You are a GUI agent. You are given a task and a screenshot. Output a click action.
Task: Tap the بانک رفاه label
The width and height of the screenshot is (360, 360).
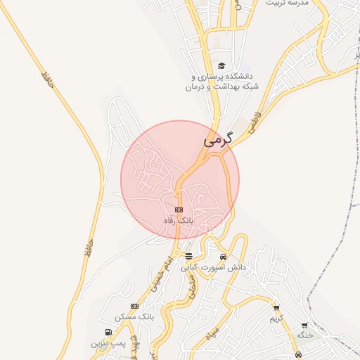178,221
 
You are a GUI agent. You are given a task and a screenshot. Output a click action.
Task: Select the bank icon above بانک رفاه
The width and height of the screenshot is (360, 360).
179,210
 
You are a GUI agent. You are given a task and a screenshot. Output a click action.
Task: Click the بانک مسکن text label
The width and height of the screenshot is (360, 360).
136,317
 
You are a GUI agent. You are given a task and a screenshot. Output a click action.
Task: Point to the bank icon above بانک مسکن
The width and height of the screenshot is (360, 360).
134,306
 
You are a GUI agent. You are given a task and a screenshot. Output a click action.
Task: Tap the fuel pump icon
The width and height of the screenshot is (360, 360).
108,333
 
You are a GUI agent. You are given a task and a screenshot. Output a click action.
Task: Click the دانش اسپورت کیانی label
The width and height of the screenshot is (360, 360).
214,267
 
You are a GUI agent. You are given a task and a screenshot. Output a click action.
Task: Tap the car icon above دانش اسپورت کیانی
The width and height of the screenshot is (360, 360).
223,256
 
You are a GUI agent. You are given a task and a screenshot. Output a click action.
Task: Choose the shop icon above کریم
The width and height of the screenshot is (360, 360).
276,307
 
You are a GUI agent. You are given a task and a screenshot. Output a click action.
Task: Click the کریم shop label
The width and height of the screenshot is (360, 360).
276,319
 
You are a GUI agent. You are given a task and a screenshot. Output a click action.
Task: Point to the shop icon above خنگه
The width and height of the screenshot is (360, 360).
304,325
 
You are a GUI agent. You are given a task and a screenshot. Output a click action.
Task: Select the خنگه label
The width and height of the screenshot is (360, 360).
304,335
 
